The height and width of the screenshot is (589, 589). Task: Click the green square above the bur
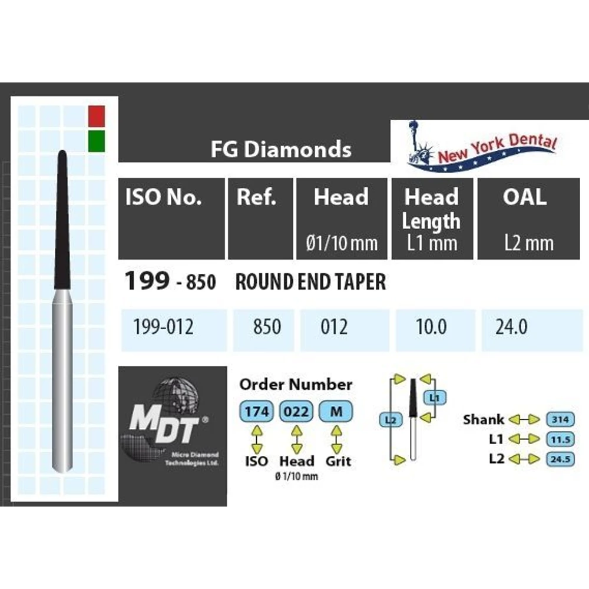click(95, 140)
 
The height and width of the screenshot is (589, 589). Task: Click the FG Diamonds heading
click(281, 150)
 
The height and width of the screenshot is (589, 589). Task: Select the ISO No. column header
click(163, 198)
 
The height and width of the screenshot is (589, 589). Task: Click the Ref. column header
click(256, 198)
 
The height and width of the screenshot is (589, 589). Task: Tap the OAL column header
click(525, 198)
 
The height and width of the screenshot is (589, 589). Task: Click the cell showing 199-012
click(164, 326)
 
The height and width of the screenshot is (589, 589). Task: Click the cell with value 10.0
click(432, 326)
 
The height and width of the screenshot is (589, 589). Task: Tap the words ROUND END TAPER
click(310, 282)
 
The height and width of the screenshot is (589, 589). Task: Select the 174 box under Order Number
click(256, 411)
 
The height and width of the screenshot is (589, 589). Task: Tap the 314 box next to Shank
click(560, 419)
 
